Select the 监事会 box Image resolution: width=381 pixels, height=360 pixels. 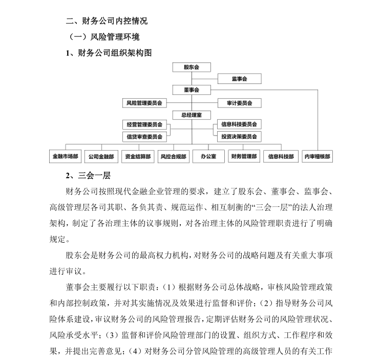pyautogui.click(x=239, y=79)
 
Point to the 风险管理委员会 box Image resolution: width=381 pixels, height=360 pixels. pyautogui.click(x=144, y=103)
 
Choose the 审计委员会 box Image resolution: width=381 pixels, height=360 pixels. pyautogui.click(x=239, y=103)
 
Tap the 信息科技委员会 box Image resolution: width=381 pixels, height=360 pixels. pyautogui.click(x=239, y=124)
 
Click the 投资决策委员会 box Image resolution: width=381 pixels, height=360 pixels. pyautogui.click(x=239, y=137)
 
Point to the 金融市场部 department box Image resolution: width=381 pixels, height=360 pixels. pyautogui.click(x=65, y=156)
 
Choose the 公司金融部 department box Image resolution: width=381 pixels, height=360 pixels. pyautogui.click(x=101, y=156)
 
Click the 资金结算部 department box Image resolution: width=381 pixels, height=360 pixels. pyautogui.click(x=137, y=156)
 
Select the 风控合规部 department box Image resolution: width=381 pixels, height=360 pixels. pyautogui.click(x=173, y=156)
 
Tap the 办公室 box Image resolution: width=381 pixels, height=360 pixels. pyautogui.click(x=208, y=156)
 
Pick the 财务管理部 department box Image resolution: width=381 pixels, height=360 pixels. pyautogui.click(x=244, y=156)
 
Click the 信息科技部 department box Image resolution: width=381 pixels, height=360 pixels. pyautogui.click(x=281, y=156)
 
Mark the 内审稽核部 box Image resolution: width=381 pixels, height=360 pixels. pyautogui.click(x=317, y=156)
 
